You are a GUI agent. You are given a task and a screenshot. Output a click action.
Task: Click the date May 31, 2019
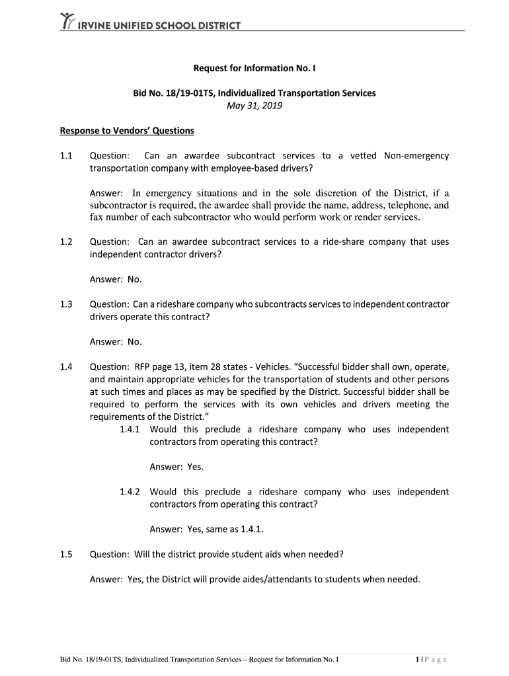[255, 106]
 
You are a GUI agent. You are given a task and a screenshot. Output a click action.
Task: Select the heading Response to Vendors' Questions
[126, 131]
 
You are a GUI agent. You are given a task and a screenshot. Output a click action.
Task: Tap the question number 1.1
[66, 156]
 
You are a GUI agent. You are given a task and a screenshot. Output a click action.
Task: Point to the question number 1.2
[66, 242]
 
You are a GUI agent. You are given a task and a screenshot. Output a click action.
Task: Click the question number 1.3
[66, 304]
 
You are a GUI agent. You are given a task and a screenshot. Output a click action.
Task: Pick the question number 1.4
[66, 366]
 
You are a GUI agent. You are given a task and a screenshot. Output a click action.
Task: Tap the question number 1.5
[66, 555]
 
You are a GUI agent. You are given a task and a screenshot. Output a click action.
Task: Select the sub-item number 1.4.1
[132, 429]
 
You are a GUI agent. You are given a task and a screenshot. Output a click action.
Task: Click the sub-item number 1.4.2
[132, 492]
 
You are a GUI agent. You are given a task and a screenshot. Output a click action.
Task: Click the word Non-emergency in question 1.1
[416, 156]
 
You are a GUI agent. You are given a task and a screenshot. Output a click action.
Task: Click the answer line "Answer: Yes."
[176, 467]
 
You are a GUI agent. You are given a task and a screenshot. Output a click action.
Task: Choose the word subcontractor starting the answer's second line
[119, 205]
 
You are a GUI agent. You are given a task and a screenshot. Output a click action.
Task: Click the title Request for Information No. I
[255, 68]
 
